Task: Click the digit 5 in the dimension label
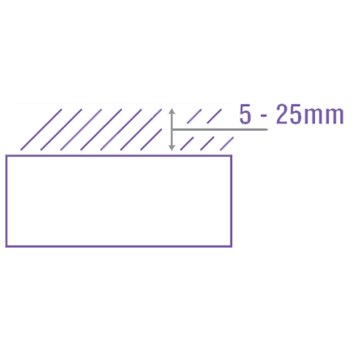[x=244, y=116]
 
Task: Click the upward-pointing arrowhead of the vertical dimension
[x=172, y=113]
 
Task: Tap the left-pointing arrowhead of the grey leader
[x=176, y=129]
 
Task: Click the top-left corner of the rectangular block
[x=5, y=155]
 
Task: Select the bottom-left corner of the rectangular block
[x=5, y=247]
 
